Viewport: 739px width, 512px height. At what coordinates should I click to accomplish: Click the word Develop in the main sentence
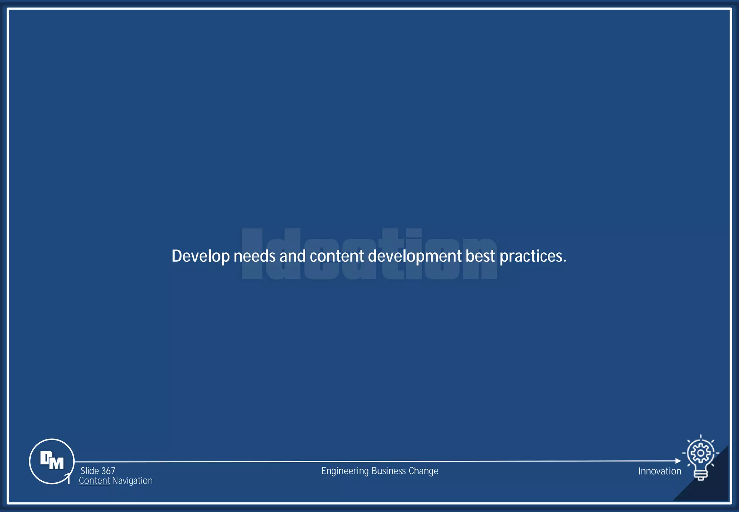[x=200, y=256]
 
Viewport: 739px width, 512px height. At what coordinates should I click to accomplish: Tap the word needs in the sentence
[x=254, y=256]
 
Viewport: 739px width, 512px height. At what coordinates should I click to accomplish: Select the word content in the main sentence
[x=337, y=256]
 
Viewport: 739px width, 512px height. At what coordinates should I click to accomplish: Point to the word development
[x=415, y=256]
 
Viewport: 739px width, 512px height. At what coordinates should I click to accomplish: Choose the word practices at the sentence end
[x=533, y=256]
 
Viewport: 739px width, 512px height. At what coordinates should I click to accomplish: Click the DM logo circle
[x=52, y=461]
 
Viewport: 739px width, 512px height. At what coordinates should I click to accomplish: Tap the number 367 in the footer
[x=108, y=471]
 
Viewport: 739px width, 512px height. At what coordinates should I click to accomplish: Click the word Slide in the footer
[x=89, y=471]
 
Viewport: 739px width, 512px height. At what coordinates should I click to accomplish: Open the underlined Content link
[x=94, y=481]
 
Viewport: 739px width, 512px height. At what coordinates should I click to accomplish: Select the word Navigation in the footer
[x=132, y=481]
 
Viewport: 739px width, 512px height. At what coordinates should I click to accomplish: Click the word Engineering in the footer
[x=345, y=471]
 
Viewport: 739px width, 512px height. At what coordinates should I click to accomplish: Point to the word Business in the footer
[x=389, y=471]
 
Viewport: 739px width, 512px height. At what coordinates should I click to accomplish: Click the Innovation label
[x=659, y=471]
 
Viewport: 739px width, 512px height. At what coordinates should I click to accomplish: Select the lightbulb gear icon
[x=700, y=458]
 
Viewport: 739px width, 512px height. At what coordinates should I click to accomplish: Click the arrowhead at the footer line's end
[x=678, y=461]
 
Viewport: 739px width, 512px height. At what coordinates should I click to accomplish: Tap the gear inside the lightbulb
[x=700, y=453]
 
